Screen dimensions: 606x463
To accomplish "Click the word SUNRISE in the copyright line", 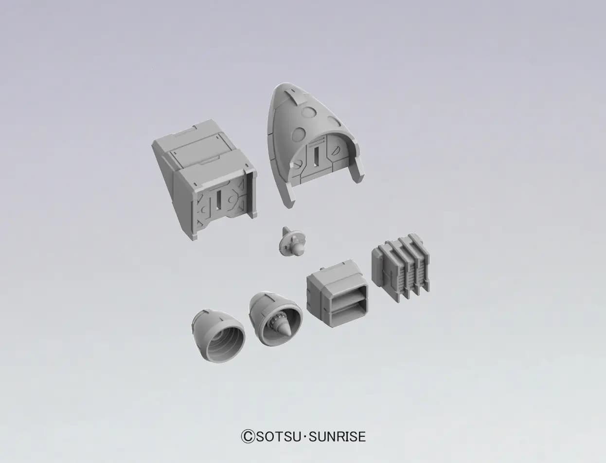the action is [337, 437].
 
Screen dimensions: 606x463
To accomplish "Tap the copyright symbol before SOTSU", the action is [248, 437].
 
